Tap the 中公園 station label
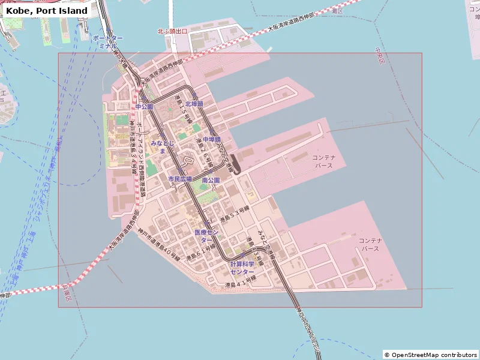click(144, 106)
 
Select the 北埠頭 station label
click(194, 104)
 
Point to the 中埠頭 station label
click(211, 139)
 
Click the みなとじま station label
click(163, 147)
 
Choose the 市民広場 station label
click(179, 179)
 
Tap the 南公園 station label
click(211, 180)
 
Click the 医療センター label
click(208, 235)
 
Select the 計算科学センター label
click(242, 268)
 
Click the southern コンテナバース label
click(371, 244)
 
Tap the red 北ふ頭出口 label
click(172, 31)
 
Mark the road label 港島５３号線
click(234, 215)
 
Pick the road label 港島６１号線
click(200, 251)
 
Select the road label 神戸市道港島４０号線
click(158, 245)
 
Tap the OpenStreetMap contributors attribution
click(431, 355)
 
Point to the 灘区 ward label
click(337, 11)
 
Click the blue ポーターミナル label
click(108, 41)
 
